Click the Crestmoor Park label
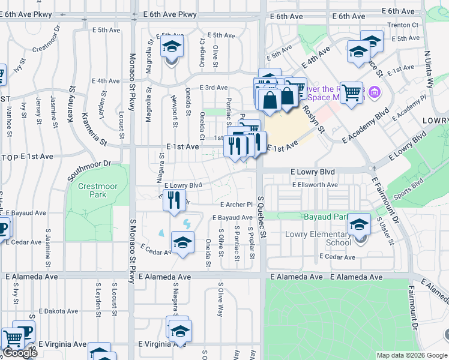(x=98, y=191)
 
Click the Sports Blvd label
(x=409, y=188)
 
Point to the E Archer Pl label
(x=234, y=204)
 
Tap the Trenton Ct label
(x=403, y=25)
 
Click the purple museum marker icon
(x=375, y=92)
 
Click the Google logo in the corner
(x=20, y=353)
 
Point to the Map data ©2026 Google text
(x=412, y=355)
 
